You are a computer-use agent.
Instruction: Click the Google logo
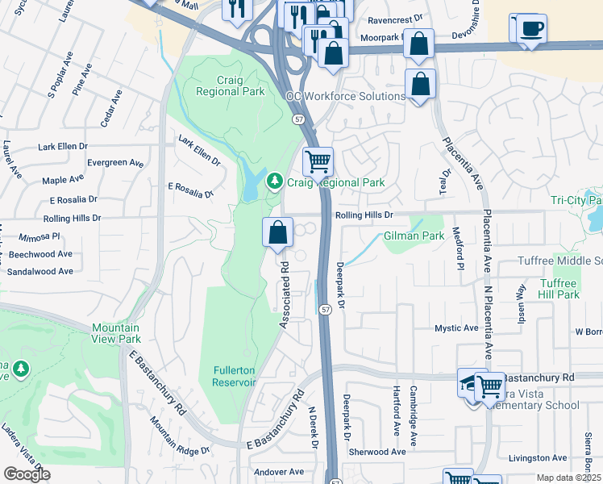(27, 474)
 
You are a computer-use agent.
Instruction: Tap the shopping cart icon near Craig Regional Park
(318, 161)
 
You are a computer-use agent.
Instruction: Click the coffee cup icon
(530, 29)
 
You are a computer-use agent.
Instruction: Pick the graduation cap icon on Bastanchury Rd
(472, 382)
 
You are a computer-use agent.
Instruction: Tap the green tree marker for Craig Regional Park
(276, 181)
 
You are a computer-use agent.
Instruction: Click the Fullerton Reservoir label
(234, 377)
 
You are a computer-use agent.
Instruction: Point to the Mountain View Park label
(115, 333)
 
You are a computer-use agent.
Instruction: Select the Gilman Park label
(414, 236)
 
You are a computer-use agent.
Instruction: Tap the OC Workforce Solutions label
(346, 96)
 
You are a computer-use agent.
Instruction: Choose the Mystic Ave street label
(456, 328)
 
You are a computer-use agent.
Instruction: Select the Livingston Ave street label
(538, 457)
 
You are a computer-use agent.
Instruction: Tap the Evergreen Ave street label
(115, 163)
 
